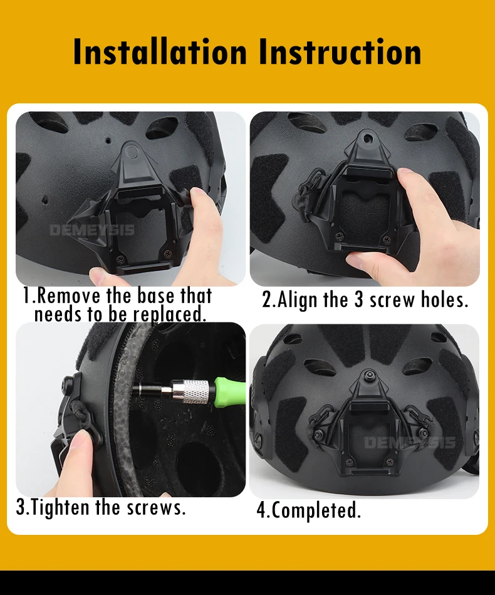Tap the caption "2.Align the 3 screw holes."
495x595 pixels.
click(365, 300)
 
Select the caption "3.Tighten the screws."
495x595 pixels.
click(101, 507)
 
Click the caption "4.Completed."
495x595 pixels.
click(308, 510)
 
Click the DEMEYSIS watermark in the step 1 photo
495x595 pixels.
click(91, 230)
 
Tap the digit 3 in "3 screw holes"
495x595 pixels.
click(359, 300)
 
